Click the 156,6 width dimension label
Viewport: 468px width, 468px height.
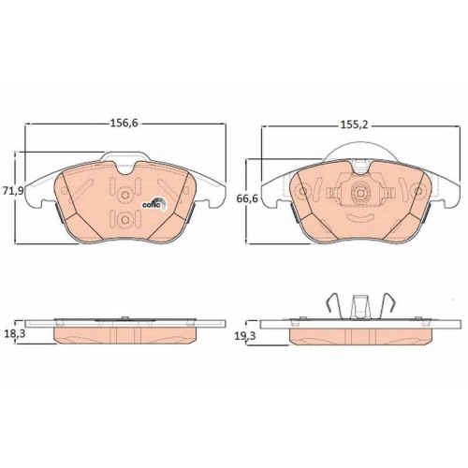tap(124, 124)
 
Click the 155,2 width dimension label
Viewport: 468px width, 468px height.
tap(354, 125)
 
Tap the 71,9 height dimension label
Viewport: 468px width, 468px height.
tap(13, 191)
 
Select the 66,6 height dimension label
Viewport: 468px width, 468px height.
tap(247, 198)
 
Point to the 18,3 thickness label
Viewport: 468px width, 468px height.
tap(14, 333)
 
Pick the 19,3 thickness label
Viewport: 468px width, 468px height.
tap(245, 336)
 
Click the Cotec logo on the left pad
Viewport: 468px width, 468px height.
tap(154, 204)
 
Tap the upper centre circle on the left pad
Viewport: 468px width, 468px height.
tap(125, 195)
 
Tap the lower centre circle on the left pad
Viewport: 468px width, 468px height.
tap(125, 220)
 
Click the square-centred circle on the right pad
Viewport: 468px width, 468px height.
tap(360, 193)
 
